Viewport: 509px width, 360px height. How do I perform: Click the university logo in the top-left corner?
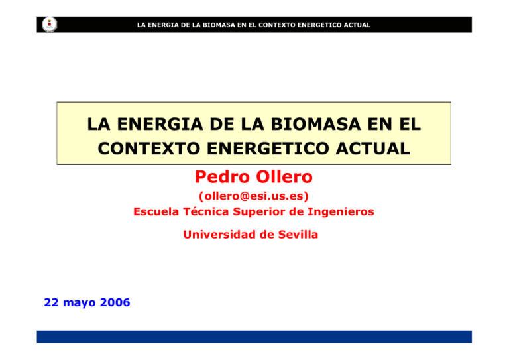48,25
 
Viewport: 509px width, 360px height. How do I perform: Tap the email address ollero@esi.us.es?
254,197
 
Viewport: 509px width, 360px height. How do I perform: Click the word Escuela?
158,212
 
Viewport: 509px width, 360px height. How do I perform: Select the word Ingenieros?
340,212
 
